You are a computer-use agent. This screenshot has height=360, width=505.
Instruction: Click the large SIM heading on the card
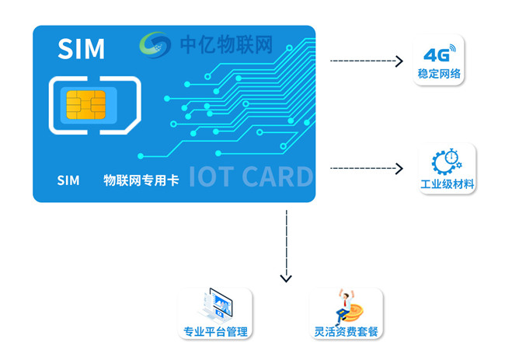pyautogui.click(x=81, y=49)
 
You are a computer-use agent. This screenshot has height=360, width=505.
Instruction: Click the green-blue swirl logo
pyautogui.click(x=155, y=45)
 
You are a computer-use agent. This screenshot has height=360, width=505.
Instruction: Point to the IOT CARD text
pyautogui.click(x=250, y=177)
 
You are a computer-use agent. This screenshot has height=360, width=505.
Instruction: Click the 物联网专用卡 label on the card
pyautogui.click(x=141, y=180)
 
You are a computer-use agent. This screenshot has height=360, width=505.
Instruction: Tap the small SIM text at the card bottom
pyautogui.click(x=68, y=180)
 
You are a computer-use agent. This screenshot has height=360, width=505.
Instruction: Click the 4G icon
pyautogui.click(x=439, y=54)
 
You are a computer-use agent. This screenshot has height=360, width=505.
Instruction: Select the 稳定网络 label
pyautogui.click(x=439, y=75)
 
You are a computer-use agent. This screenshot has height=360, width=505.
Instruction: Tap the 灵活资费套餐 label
pyautogui.click(x=346, y=332)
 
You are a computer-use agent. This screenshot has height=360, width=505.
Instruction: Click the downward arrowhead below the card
pyautogui.click(x=286, y=277)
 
